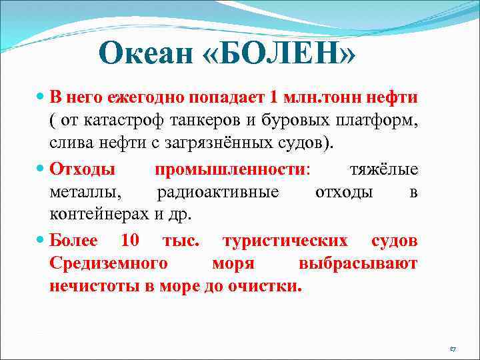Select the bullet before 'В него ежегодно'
click(x=41, y=97)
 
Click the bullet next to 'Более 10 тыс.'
click(x=41, y=241)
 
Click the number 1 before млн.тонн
click(x=274, y=97)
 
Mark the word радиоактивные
click(x=217, y=193)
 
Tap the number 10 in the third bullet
click(x=131, y=241)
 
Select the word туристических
click(x=284, y=241)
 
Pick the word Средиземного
click(x=107, y=264)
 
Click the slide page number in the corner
click(x=452, y=349)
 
